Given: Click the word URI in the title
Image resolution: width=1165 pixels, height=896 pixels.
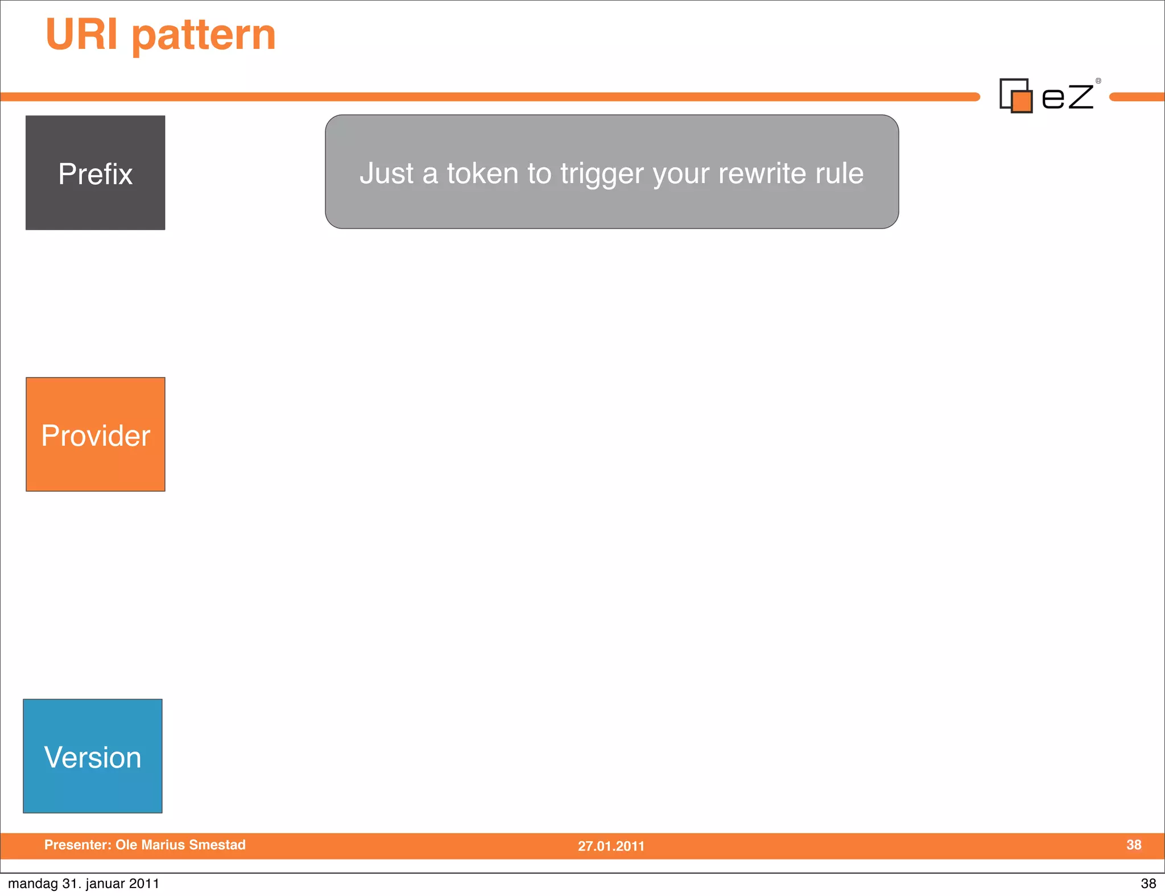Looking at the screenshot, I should pos(81,34).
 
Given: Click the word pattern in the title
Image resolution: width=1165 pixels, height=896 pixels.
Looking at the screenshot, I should pos(204,36).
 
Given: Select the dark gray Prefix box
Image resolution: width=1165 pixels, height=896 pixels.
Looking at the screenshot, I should pos(95,173).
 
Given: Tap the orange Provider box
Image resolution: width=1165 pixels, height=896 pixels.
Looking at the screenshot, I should pos(95,434).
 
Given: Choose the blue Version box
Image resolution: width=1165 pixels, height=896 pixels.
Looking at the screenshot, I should pos(93,756).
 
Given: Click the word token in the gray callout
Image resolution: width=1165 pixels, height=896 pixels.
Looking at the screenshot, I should pos(482,173).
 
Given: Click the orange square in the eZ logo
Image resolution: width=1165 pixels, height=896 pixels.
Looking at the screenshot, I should pos(1022,102).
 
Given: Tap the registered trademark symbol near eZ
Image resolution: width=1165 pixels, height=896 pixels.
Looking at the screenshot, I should pos(1098,81).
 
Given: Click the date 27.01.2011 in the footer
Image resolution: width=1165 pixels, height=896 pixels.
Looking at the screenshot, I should pos(611,846).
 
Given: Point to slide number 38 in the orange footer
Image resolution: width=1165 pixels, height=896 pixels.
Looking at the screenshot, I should pos(1134,845).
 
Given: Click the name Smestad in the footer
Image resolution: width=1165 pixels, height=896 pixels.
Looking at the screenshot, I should pos(217,845).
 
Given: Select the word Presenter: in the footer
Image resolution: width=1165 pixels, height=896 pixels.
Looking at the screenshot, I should pos(78,845).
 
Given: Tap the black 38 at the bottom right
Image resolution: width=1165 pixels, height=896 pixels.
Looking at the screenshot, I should pos(1148,883).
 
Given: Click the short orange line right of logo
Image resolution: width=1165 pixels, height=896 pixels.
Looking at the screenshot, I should pos(1137,97).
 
